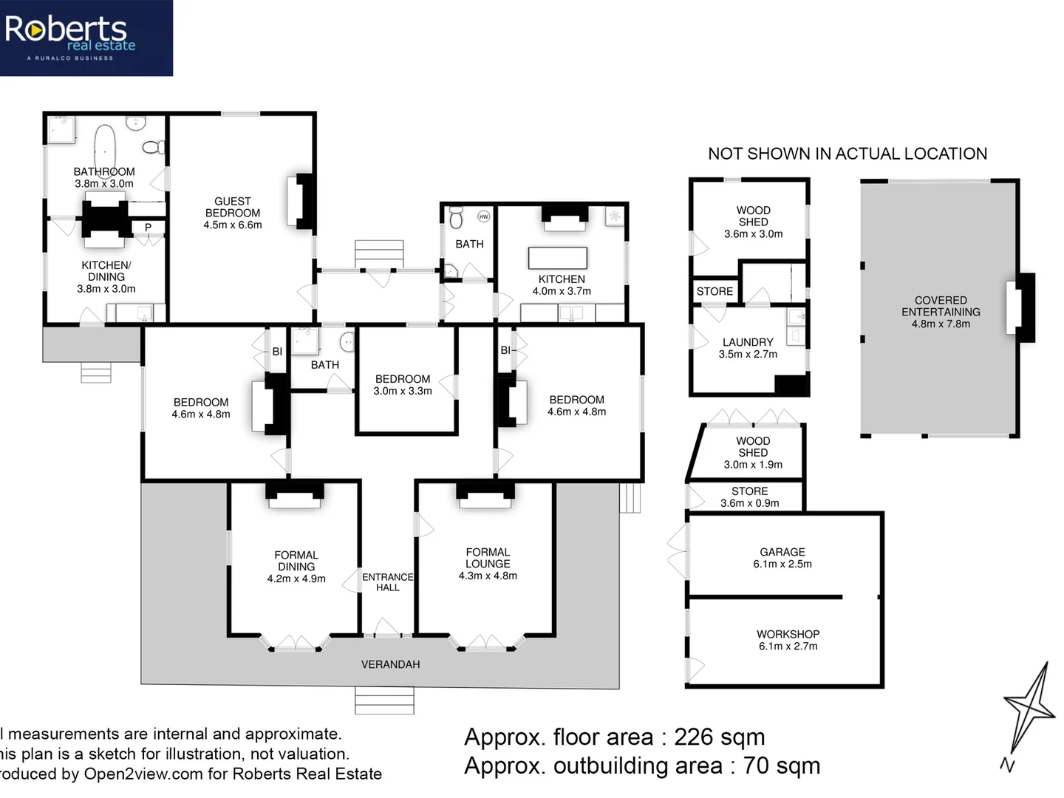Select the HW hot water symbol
(483, 216)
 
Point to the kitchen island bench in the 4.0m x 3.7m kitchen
(558, 258)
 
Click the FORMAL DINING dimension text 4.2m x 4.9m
(296, 579)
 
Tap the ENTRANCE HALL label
(387, 582)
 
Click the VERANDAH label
(390, 664)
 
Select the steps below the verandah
(384, 700)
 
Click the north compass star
(1029, 708)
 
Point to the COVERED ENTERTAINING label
(941, 306)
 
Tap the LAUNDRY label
(748, 342)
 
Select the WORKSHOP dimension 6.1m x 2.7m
(788, 647)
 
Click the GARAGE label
(782, 552)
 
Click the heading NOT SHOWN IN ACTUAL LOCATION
(848, 154)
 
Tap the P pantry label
(148, 228)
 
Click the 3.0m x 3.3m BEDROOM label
(403, 379)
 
